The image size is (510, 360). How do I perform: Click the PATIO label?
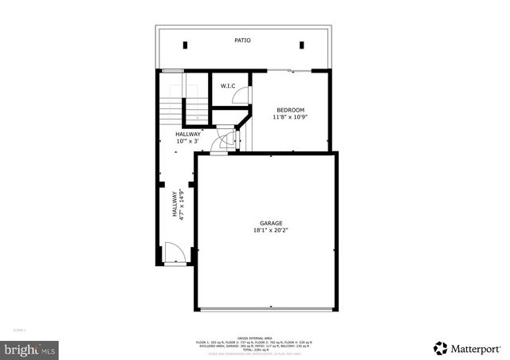click(x=242, y=40)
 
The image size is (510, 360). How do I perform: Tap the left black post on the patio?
click(x=185, y=45)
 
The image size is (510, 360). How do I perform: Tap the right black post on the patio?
click(x=301, y=45)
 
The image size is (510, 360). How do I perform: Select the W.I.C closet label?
click(x=227, y=86)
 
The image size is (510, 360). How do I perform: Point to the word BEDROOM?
click(x=290, y=110)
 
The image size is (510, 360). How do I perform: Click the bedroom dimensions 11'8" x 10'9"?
click(x=291, y=118)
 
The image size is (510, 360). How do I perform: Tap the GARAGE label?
click(x=271, y=223)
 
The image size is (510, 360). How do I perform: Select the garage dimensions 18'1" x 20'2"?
click(x=271, y=231)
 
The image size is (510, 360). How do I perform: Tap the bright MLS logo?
click(x=30, y=349)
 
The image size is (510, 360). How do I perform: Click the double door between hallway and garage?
click(x=228, y=142)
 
